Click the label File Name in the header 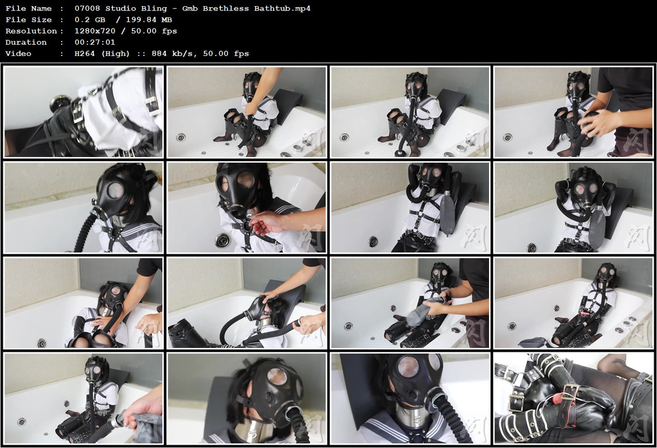(x=29, y=8)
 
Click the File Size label (x=29, y=20)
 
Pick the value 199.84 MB (x=149, y=20)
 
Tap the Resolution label (x=31, y=31)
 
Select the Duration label (x=26, y=43)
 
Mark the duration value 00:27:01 (x=95, y=43)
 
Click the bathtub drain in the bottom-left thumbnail (x=21, y=421)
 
